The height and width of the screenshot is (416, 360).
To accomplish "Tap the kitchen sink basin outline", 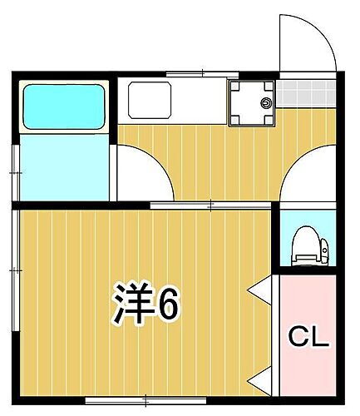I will [150, 101].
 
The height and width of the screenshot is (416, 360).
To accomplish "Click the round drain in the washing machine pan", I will [266, 103].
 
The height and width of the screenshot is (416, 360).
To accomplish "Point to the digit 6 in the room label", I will [167, 306].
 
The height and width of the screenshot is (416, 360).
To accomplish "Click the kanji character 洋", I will [131, 306].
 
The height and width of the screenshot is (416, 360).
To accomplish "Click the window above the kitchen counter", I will [191, 75].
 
